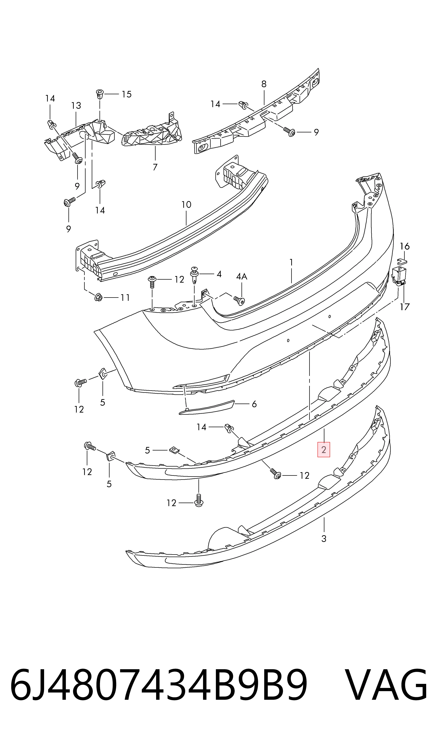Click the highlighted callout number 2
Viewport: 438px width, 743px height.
[x=324, y=450]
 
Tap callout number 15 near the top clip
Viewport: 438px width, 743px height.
[x=127, y=94]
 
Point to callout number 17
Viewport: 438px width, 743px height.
[x=405, y=307]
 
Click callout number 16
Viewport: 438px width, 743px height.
[x=405, y=246]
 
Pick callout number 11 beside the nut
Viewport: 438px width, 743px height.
[x=125, y=298]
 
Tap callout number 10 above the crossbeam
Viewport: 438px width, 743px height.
[x=186, y=204]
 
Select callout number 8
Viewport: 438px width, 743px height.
[x=264, y=84]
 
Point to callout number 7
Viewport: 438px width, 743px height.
[x=155, y=167]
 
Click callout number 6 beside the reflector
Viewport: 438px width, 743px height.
[x=254, y=404]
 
